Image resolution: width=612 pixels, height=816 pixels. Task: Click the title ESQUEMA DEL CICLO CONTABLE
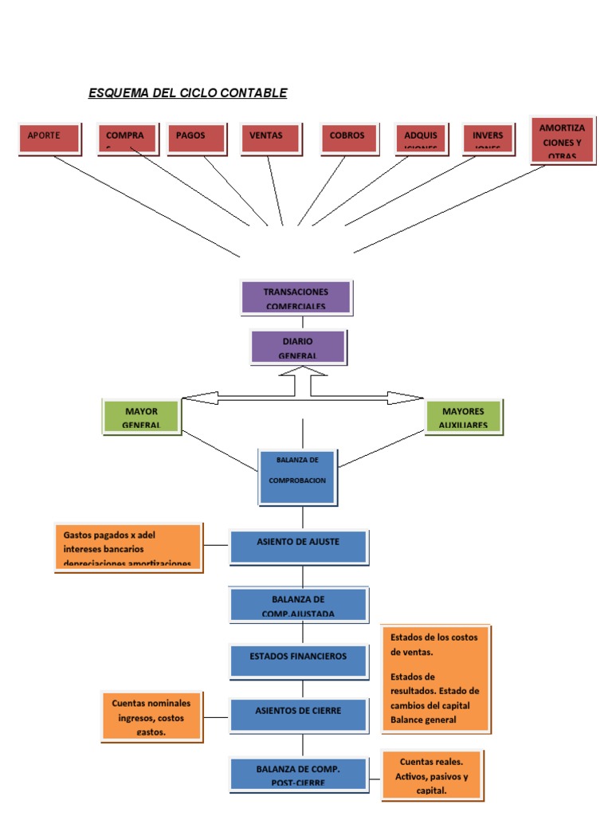pos(187,93)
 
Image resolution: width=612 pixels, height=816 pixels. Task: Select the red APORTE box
pos(49,137)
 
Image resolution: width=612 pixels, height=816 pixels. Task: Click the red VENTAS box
pos(271,137)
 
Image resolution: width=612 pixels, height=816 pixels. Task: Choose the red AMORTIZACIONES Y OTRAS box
pos(563,140)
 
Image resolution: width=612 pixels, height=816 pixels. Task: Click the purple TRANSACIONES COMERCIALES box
pos(296,297)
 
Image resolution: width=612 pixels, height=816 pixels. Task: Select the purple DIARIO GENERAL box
pos(298,347)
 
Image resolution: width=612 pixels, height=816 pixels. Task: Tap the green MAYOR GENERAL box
pos(142,417)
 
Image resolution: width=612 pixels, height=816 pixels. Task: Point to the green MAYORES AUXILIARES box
pos(463,417)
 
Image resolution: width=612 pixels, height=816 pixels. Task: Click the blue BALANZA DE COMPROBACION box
pos(297,476)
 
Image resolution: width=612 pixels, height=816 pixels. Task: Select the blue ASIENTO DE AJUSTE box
pos(298,546)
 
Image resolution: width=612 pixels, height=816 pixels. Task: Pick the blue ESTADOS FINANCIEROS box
pos(298,661)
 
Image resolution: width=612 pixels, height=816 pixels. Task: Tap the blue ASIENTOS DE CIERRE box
pos(298,714)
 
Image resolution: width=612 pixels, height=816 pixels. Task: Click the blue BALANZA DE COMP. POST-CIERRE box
pos(298,775)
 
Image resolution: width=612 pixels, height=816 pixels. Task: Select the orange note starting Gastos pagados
pos(127,547)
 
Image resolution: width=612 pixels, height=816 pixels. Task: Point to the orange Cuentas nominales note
pos(151,716)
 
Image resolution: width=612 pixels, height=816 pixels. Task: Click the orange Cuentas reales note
pos(431,775)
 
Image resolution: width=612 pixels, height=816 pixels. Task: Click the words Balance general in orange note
pos(423,720)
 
